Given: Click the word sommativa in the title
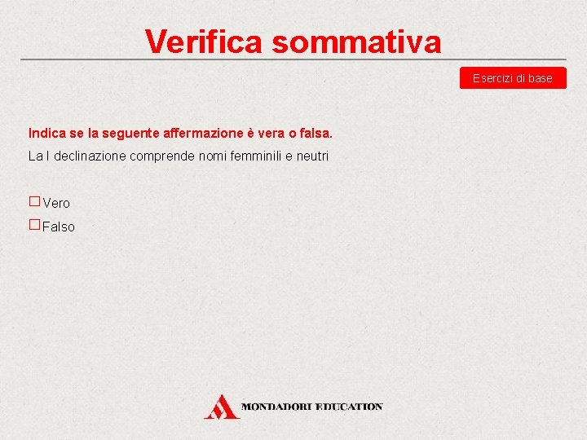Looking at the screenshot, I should pyautogui.click(x=356, y=42).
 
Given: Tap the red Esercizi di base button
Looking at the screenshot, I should pyautogui.click(x=512, y=78).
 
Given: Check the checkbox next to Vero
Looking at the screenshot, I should pyautogui.click(x=34, y=200).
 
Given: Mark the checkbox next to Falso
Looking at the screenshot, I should pyautogui.click(x=34, y=225).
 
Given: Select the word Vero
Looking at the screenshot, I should pyautogui.click(x=56, y=203).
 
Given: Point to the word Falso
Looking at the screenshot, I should pyautogui.click(x=58, y=227).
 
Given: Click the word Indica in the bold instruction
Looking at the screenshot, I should pyautogui.click(x=47, y=132).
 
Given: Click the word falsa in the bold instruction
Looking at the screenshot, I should pyautogui.click(x=316, y=132).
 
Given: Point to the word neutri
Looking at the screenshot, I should pyautogui.click(x=312, y=156).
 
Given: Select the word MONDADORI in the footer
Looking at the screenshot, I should pyautogui.click(x=278, y=406).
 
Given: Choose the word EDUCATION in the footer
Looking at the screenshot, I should pyautogui.click(x=350, y=406).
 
